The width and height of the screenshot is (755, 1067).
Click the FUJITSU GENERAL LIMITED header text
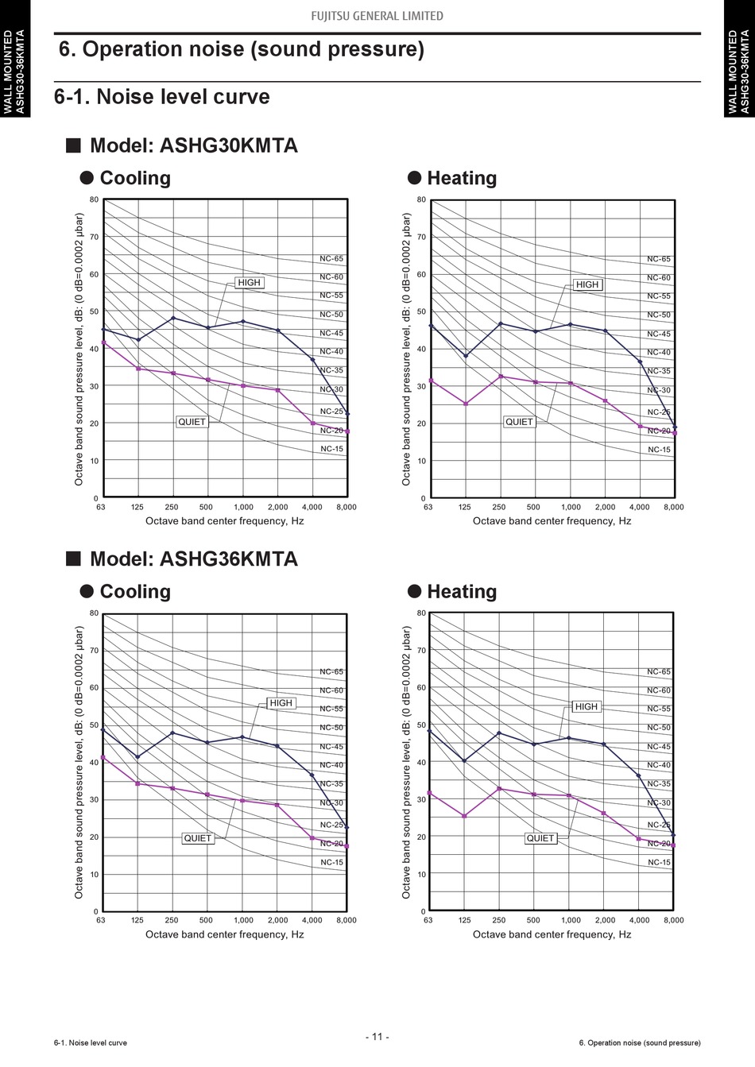tap(377, 16)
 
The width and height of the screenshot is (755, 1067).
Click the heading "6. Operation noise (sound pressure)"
tap(242, 49)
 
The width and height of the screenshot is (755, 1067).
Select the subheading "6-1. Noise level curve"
tap(162, 97)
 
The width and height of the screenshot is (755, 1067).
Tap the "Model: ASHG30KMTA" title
tap(193, 146)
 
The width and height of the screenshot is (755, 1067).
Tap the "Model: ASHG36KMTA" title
tap(193, 559)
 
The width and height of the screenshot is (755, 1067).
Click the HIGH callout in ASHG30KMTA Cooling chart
tap(249, 283)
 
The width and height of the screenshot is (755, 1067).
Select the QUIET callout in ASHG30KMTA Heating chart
tap(519, 422)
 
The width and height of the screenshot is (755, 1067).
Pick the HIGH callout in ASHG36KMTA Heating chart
tap(586, 706)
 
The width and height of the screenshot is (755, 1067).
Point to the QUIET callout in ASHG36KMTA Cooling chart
tap(198, 838)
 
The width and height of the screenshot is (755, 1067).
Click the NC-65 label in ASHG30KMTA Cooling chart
tap(331, 259)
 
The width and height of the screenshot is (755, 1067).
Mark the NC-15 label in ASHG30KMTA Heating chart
tap(659, 450)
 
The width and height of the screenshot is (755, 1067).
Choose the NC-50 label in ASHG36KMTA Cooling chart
tap(331, 728)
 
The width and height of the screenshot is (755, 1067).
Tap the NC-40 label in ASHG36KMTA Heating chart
tap(659, 765)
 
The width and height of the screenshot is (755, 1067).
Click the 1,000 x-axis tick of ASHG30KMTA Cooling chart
tap(243, 507)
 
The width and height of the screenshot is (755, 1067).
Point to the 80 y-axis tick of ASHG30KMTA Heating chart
tap(421, 200)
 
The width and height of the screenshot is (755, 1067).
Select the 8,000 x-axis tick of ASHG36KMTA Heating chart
tap(673, 920)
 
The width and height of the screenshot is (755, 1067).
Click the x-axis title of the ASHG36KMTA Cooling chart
tap(225, 934)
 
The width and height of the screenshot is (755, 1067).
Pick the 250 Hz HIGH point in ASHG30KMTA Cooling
tap(173, 318)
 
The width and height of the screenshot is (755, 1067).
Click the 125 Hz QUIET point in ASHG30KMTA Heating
tap(466, 404)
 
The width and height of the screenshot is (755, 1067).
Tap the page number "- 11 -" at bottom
tap(377, 1037)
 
